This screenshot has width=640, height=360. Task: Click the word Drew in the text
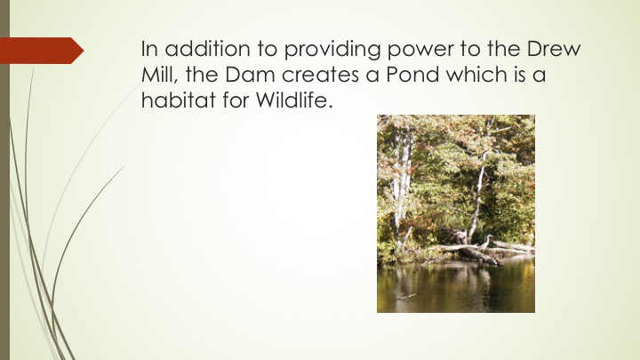(x=554, y=48)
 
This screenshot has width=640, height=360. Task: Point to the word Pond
(x=412, y=75)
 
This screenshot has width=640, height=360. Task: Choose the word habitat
(x=179, y=100)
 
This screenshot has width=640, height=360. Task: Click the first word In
(x=149, y=48)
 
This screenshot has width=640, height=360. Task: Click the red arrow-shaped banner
(x=42, y=51)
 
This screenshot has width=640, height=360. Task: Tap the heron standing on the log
(x=484, y=242)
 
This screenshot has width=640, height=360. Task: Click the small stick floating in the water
(x=405, y=297)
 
